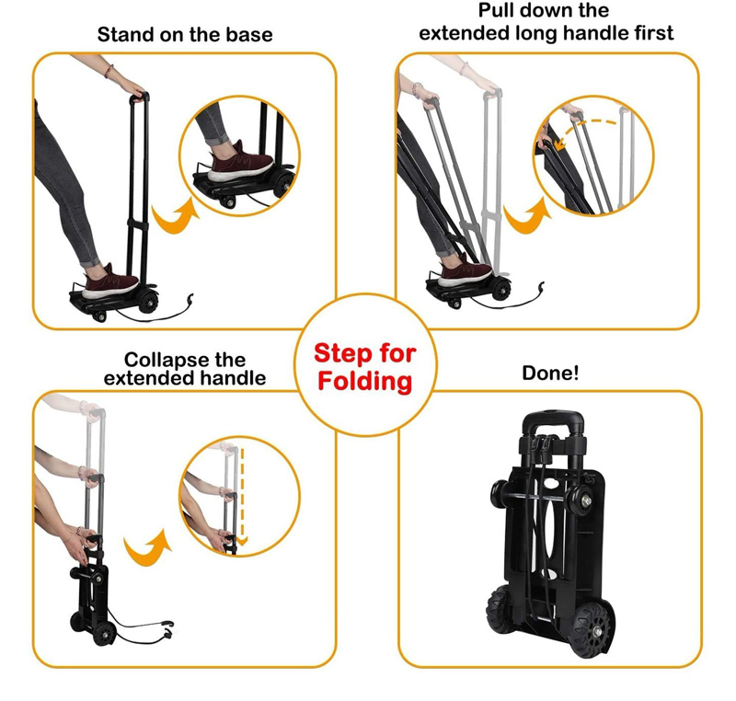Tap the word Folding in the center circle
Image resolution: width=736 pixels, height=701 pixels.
click(x=364, y=381)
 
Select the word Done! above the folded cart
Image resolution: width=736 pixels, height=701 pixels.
click(x=550, y=373)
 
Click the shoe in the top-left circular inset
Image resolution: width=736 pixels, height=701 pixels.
click(x=241, y=162)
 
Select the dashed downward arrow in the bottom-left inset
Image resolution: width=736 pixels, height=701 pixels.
click(x=242, y=497)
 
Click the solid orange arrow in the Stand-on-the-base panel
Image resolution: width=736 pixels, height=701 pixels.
click(x=176, y=217)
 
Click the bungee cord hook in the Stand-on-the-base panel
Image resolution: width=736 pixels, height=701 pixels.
click(x=190, y=299)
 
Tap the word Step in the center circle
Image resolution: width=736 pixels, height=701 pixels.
click(x=339, y=354)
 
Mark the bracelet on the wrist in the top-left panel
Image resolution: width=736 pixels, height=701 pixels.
click(x=109, y=72)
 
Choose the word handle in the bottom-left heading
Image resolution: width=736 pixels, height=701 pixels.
click(x=236, y=378)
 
